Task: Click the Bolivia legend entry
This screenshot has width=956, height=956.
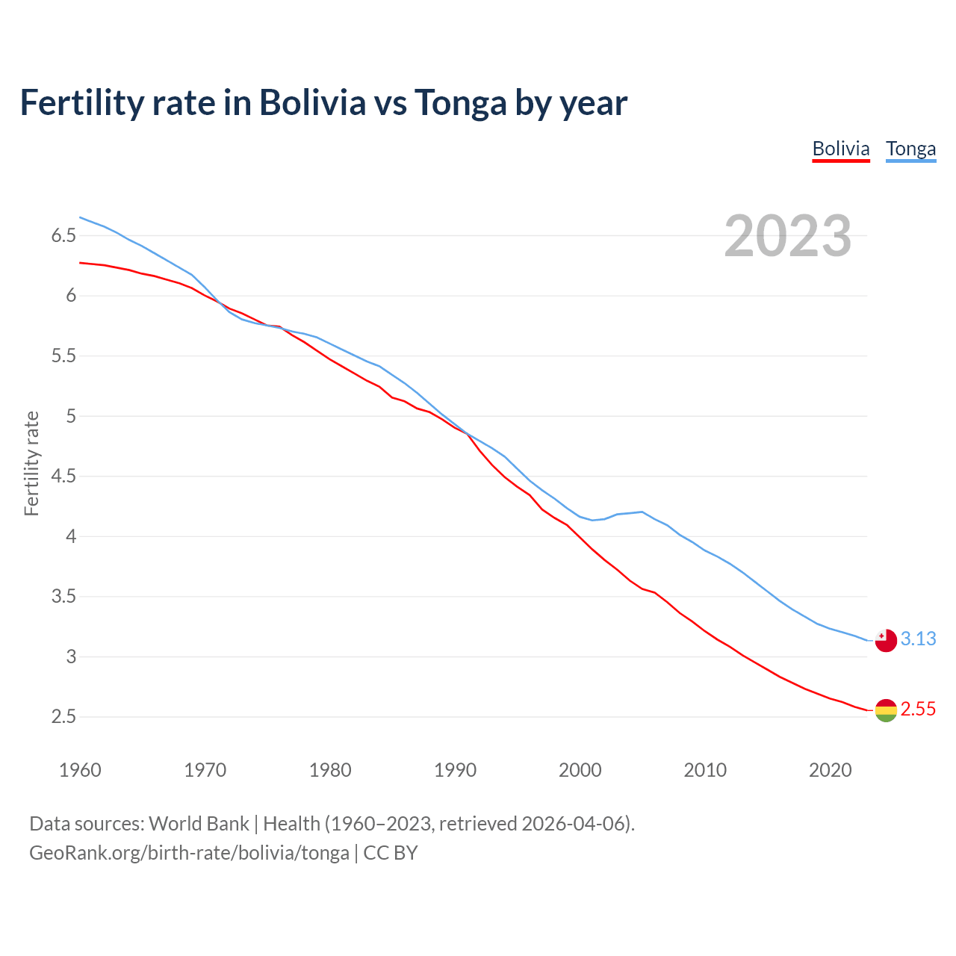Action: click(841, 149)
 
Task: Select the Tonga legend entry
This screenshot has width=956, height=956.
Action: click(910, 149)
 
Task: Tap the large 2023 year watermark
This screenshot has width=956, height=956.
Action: click(787, 236)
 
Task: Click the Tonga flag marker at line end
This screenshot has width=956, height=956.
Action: click(885, 640)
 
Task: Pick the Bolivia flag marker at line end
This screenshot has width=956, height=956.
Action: click(885, 710)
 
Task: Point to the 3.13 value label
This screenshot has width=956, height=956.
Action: click(918, 639)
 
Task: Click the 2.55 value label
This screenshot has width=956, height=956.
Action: click(918, 709)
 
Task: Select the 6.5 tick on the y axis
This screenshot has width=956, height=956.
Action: click(63, 236)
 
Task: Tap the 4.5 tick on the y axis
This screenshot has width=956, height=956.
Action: click(63, 477)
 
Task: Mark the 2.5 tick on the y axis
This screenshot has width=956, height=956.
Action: click(63, 717)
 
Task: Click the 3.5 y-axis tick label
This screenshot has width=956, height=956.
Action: click(63, 597)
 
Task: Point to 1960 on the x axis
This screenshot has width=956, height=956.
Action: click(80, 770)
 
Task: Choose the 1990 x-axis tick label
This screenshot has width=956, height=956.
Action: click(455, 770)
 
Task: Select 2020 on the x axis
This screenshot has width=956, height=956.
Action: click(830, 770)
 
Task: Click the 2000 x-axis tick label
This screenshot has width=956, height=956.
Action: click(580, 770)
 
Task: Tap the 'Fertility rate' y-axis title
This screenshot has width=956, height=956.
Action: click(31, 463)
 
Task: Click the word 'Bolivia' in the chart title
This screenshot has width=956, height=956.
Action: click(312, 102)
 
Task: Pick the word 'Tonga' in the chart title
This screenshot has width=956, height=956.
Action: click(460, 102)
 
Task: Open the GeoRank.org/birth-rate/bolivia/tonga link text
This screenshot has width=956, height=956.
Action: click(189, 853)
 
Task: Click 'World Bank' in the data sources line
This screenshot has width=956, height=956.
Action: click(199, 824)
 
